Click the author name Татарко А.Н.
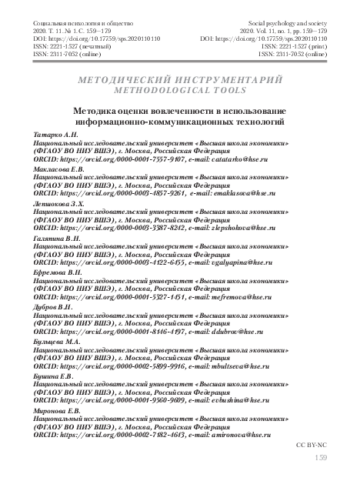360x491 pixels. point(52,135)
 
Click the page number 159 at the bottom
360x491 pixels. point(321,459)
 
